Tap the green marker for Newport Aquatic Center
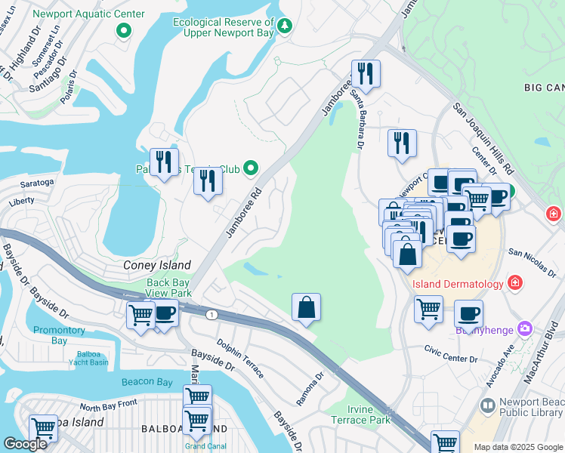[123, 31]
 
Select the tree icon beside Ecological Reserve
[285, 26]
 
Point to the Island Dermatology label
[457, 284]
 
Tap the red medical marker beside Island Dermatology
[515, 283]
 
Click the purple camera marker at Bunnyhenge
[525, 329]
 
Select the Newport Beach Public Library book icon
[488, 407]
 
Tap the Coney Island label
[157, 265]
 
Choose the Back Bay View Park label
[168, 288]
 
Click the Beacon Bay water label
[147, 382]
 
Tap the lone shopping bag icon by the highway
[306, 307]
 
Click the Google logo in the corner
[25, 444]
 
